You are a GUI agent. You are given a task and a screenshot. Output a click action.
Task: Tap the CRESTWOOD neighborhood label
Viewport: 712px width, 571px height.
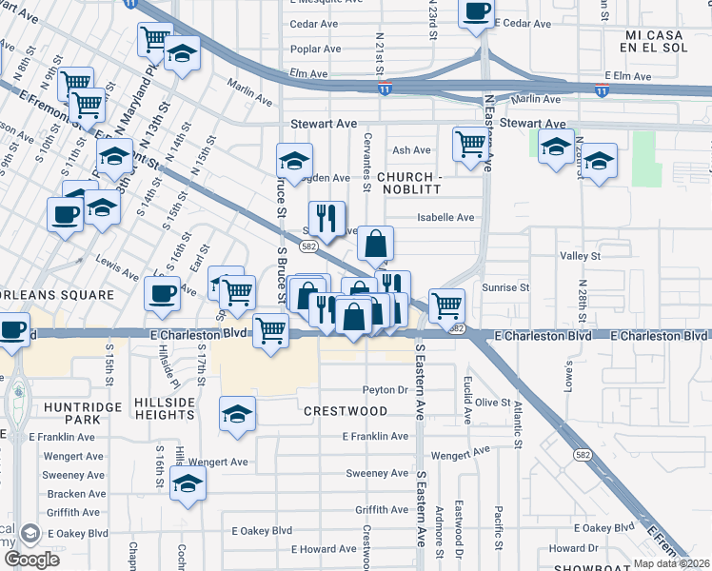click(346, 411)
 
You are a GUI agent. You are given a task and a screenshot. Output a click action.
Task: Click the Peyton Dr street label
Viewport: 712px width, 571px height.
click(385, 390)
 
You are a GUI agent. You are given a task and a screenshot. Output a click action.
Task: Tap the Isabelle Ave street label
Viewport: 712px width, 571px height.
click(445, 218)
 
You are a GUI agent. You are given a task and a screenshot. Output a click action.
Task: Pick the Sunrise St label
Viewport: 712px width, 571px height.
click(505, 287)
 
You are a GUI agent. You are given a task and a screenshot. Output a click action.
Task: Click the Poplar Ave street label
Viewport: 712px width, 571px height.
click(316, 49)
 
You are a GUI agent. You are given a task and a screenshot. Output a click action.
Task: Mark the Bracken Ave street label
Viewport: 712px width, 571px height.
click(76, 494)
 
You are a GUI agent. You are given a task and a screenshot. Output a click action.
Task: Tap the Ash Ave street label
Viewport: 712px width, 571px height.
click(412, 150)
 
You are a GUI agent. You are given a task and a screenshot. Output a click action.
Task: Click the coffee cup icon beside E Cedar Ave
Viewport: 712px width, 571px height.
click(476, 13)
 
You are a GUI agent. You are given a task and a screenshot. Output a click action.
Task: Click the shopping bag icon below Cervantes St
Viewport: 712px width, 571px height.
click(376, 245)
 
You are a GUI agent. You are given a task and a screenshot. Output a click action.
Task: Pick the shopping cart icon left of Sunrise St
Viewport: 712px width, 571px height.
click(446, 305)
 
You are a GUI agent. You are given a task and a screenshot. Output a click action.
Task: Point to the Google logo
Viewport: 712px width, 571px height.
click(32, 560)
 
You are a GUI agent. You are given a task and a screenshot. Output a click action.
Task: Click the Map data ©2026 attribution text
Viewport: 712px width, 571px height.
click(671, 563)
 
